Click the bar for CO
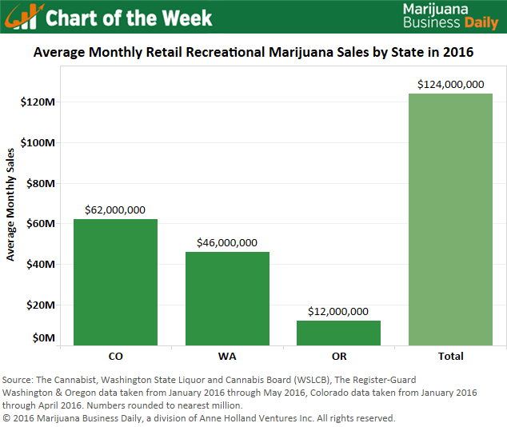pyautogui.click(x=115, y=281)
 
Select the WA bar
pyautogui.click(x=227, y=298)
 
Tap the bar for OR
pyautogui.click(x=338, y=333)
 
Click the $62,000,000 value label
pyautogui.click(x=115, y=210)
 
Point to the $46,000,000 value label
pyautogui.click(x=227, y=243)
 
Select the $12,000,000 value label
pyautogui.click(x=338, y=311)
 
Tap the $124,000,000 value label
pyautogui.click(x=450, y=84)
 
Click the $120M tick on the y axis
pyautogui.click(x=38, y=102)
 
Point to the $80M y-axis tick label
pyautogui.click(x=40, y=184)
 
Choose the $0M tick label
pyautogui.click(x=42, y=338)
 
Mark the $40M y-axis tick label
pyautogui.click(x=40, y=265)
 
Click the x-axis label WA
pyautogui.click(x=227, y=356)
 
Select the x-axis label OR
pyautogui.click(x=338, y=356)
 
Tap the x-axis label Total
pyautogui.click(x=450, y=356)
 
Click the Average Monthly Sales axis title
pyautogui.click(x=11, y=204)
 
